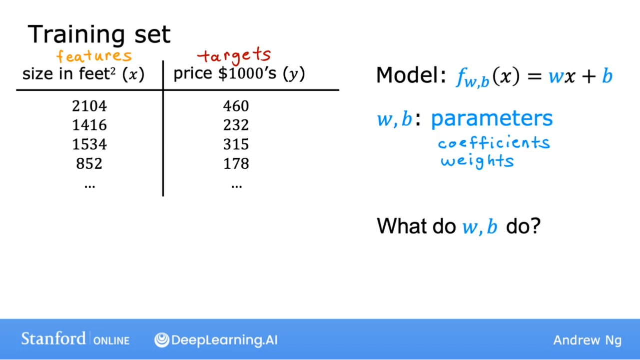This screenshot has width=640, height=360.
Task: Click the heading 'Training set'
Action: pos(99,34)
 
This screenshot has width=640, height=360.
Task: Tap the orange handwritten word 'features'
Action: pos(94,55)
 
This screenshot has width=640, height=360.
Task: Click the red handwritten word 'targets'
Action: pos(234,55)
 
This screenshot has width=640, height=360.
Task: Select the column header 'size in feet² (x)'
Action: pos(83,74)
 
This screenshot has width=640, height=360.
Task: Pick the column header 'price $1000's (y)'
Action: pos(239,74)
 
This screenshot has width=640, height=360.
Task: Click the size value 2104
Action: pos(89,106)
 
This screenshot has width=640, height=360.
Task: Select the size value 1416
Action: pos(89,125)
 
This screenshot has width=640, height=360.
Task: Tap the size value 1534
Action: pos(89,144)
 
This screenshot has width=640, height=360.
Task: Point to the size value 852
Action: pos(89,164)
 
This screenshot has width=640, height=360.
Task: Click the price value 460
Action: pos(236,106)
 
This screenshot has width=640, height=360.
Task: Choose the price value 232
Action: pos(236,125)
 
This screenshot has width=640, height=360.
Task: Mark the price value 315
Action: pos(236,144)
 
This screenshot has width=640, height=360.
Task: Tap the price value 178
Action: pos(236,164)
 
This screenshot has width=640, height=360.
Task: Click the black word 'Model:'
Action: pos(411,75)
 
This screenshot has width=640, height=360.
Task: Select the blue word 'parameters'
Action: pos(492,119)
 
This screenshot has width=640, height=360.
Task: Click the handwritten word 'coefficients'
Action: pos(494,142)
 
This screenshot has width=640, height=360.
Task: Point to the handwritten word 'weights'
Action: pos(477,161)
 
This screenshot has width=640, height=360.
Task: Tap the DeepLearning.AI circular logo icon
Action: pos(162,340)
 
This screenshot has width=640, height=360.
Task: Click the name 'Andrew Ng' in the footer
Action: pos(588,340)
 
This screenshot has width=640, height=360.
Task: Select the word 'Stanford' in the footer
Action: pos(53,339)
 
